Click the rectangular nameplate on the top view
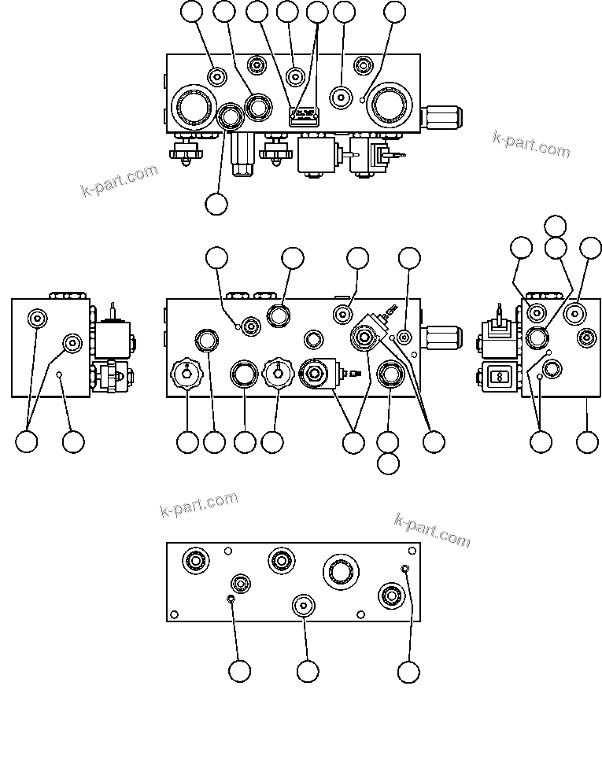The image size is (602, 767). click(x=304, y=116)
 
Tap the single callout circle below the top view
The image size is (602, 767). click(x=216, y=204)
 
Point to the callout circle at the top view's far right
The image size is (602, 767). click(x=394, y=12)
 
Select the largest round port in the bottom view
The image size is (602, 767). click(x=341, y=570)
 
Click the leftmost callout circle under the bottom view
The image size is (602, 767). click(x=239, y=671)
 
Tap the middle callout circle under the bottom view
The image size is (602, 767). click(x=308, y=671)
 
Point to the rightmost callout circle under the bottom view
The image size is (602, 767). click(x=408, y=671)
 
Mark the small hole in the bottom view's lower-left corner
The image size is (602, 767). click(x=175, y=615)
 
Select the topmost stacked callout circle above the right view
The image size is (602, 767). click(x=556, y=226)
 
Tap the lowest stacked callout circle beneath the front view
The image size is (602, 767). click(x=388, y=464)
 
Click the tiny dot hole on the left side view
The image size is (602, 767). click(x=60, y=376)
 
